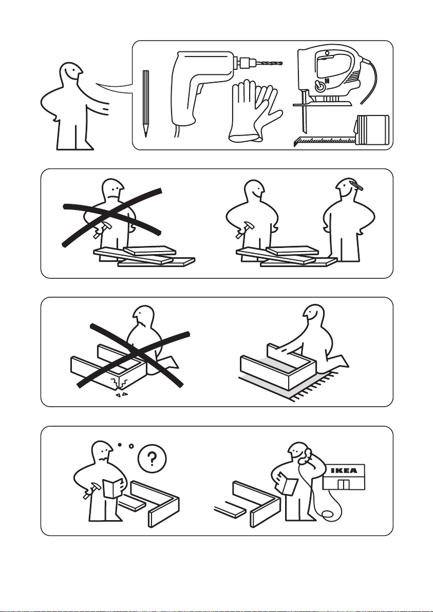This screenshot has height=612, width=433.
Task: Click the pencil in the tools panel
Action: click(x=146, y=103)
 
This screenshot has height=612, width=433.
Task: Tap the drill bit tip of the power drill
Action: click(x=281, y=63)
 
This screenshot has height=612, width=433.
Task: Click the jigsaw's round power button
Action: click(x=320, y=86)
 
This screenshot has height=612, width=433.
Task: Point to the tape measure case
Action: click(x=372, y=129)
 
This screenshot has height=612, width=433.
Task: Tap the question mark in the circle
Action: click(x=153, y=459)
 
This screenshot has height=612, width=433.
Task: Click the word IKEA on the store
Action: click(x=344, y=470)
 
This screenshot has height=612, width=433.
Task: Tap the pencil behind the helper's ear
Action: click(x=355, y=184)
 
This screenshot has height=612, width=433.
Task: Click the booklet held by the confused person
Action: click(x=113, y=488)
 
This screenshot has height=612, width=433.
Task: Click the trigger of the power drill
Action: click(x=199, y=90)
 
